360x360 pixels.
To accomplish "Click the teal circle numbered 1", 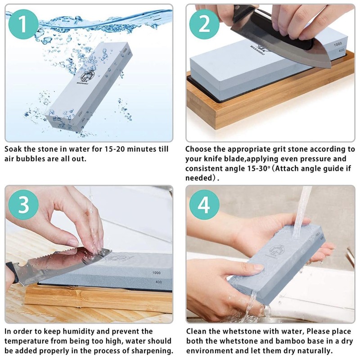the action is click(23, 24).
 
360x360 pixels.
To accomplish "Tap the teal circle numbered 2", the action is click(204, 24).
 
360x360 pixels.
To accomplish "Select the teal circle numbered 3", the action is click(23, 205).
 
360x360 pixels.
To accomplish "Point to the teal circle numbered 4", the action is click(204, 205).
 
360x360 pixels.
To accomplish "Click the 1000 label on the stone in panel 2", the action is click(338, 44).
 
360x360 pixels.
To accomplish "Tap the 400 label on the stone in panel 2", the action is click(342, 50).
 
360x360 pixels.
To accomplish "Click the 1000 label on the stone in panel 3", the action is click(156, 273).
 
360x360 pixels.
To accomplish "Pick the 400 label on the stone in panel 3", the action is click(159, 282).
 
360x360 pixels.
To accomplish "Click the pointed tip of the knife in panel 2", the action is click(330, 67).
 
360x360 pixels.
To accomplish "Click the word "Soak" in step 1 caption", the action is click(13, 149).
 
